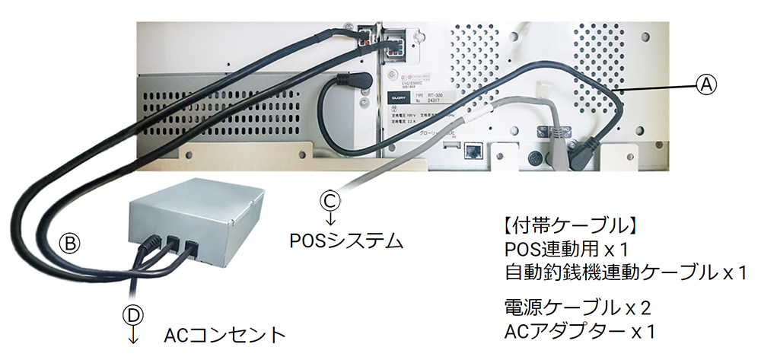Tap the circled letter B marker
[69, 243]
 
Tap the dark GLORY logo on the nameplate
[396, 98]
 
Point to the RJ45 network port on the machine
[473, 150]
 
